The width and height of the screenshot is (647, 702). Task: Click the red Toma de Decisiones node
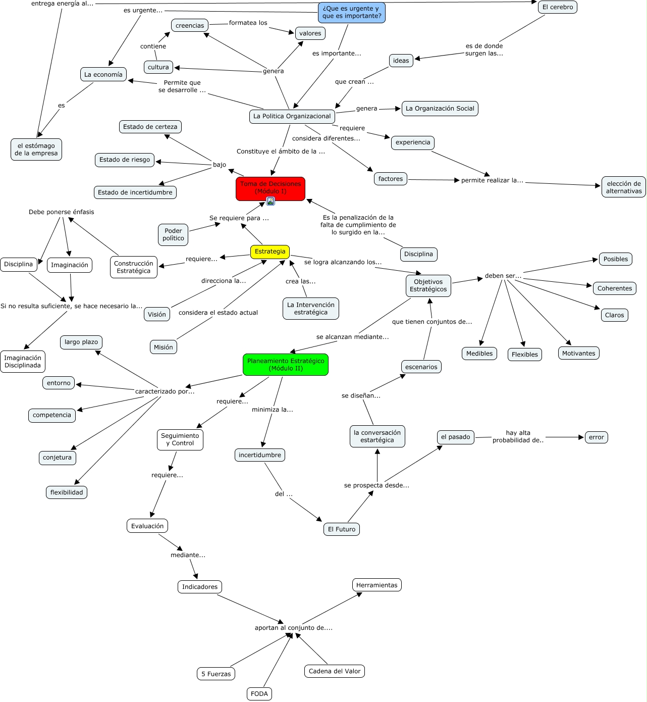[270, 187]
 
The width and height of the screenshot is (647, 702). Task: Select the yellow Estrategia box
[270, 252]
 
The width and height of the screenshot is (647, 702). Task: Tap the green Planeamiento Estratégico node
[286, 365]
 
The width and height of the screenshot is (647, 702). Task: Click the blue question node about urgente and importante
[352, 12]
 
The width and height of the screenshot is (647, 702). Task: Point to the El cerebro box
[557, 7]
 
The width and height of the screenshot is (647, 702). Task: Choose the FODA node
[259, 694]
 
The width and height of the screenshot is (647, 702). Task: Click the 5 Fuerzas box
[216, 674]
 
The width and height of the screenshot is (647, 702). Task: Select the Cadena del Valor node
[335, 671]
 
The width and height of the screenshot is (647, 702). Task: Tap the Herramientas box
[376, 585]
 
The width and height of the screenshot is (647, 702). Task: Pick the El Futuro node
[342, 529]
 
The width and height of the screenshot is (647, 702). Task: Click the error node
[596, 437]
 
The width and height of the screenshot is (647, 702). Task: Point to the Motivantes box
[578, 354]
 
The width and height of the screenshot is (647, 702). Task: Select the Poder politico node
[173, 234]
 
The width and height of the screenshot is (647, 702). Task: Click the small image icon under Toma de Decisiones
[271, 201]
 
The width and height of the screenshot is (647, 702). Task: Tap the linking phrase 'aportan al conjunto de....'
[293, 628]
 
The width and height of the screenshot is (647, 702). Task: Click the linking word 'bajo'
[220, 165]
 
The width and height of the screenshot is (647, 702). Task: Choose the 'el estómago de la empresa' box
[36, 149]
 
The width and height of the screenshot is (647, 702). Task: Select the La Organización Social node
[440, 109]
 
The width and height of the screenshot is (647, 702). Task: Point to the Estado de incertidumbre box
[135, 192]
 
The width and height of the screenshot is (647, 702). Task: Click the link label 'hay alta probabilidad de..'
[518, 436]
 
